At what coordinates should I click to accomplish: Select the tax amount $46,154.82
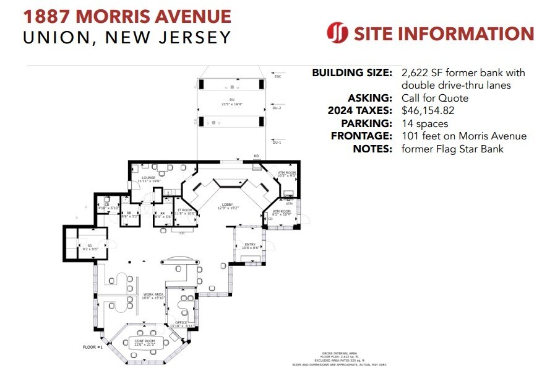[432, 110]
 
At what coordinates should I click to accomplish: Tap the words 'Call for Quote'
[434, 98]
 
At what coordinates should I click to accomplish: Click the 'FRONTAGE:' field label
[361, 136]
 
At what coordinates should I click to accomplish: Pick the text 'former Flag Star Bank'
[452, 149]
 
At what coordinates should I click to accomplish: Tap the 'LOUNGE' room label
[148, 178]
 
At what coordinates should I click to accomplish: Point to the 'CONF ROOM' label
[144, 340]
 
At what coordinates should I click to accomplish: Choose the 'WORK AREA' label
[152, 294]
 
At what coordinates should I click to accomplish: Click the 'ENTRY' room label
[250, 244]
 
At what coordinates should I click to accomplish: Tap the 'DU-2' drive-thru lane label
[277, 108]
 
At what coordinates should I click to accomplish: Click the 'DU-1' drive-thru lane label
[277, 143]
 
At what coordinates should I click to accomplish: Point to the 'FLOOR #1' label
[92, 346]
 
